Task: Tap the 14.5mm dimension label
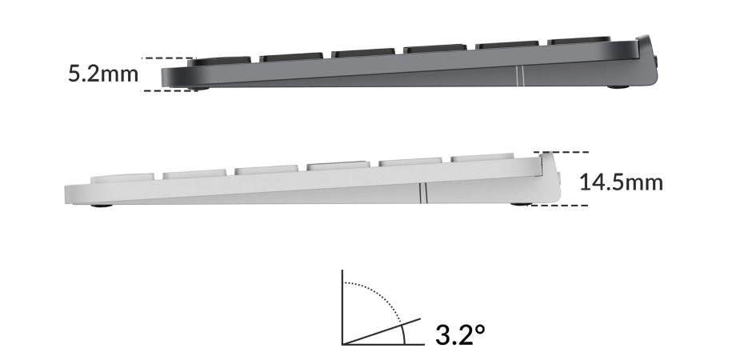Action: click(x=621, y=182)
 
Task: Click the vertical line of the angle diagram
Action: click(x=342, y=308)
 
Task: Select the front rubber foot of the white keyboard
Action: click(x=102, y=206)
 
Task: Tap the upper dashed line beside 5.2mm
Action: click(x=167, y=58)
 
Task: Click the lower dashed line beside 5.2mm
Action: click(x=168, y=90)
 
